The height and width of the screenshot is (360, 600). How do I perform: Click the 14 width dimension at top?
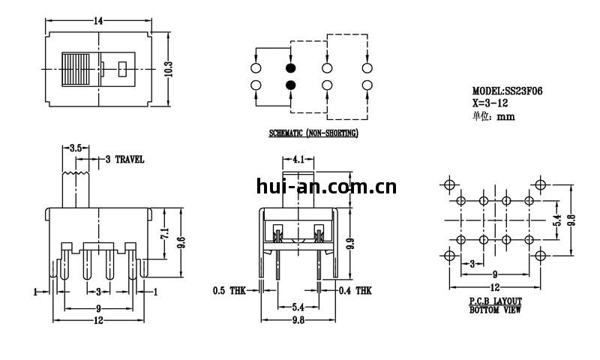[x=98, y=21]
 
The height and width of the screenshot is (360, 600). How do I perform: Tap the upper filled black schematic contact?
[x=290, y=68]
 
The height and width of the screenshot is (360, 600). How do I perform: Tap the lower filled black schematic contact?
[x=290, y=85]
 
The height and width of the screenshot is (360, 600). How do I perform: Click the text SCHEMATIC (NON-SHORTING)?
[x=313, y=133]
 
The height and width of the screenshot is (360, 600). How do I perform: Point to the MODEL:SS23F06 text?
[x=507, y=91]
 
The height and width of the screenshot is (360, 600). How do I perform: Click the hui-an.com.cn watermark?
[x=326, y=187]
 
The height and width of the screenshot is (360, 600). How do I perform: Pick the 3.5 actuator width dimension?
[x=75, y=148]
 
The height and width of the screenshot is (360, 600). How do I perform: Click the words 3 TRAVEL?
[x=124, y=160]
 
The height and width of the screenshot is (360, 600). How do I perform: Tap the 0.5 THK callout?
[x=229, y=290]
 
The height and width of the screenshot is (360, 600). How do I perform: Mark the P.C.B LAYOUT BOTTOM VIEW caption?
[x=495, y=304]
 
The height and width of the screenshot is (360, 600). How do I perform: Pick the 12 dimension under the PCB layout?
[x=495, y=288]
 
